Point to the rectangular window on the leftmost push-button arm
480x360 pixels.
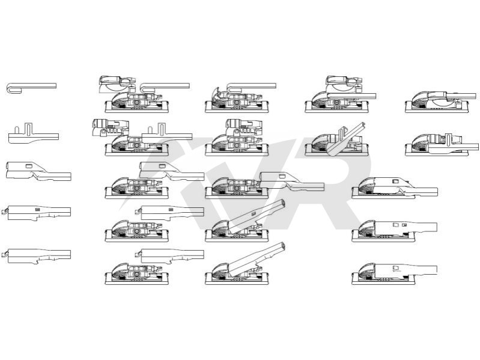29,166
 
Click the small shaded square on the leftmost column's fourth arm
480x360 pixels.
38,210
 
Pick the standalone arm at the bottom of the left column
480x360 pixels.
37,256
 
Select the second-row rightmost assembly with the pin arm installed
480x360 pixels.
442,144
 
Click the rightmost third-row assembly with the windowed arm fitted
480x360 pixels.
395,188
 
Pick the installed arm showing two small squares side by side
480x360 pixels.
395,231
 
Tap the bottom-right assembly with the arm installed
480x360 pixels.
395,273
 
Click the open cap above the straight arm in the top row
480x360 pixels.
344,84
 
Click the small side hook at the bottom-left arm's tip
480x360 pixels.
4,254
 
